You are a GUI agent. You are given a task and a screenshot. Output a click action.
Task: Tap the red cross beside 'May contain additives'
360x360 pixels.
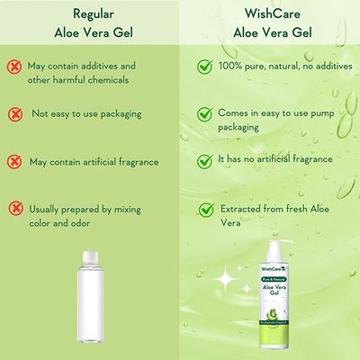[x=14, y=67]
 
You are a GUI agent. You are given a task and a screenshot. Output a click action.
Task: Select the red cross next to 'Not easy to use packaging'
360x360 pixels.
[x=14, y=114]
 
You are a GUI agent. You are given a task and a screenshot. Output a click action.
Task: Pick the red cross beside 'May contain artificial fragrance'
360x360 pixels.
[x=14, y=162]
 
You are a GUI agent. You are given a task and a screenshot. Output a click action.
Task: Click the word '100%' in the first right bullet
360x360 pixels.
[x=232, y=67]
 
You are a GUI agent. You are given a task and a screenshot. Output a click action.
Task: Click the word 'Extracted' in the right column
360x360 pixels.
[x=243, y=209]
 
